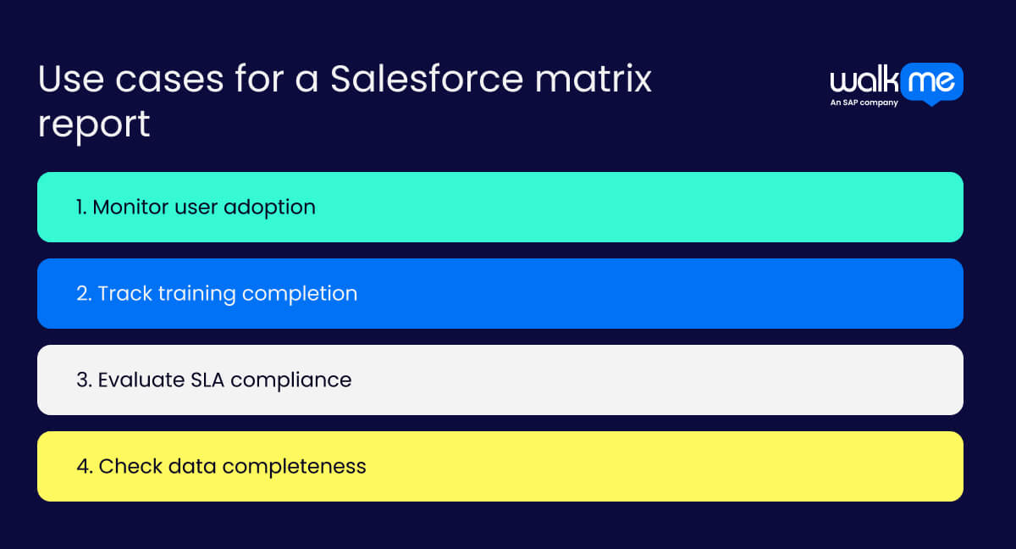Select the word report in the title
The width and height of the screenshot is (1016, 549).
(x=93, y=125)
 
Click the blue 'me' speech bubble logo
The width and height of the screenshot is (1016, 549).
(x=932, y=82)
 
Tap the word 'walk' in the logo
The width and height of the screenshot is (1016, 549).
(x=863, y=82)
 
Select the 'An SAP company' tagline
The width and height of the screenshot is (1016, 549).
(x=864, y=103)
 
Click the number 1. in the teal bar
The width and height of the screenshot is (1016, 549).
(x=81, y=207)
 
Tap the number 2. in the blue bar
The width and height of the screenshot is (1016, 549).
(x=84, y=293)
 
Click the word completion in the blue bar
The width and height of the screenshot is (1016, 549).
(x=300, y=294)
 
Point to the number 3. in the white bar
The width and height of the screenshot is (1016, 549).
(x=84, y=380)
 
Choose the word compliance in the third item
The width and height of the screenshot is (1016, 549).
(x=290, y=380)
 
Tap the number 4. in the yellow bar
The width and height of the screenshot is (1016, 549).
(x=84, y=466)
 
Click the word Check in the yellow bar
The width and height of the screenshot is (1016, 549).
(x=127, y=466)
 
